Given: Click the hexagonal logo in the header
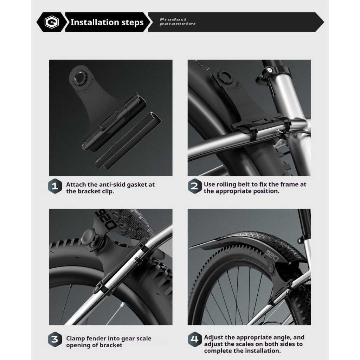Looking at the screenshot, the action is pos(52,22).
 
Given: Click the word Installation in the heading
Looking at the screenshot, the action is pos(94,22).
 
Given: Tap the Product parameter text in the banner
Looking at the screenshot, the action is pos(178,21).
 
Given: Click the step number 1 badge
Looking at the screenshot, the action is pos(55,186).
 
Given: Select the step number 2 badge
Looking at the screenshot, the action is pos(194,186).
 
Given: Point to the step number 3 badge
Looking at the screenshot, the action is pos(55,339).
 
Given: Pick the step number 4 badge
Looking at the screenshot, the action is pos(194,339).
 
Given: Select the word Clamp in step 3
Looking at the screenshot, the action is pos(75,339).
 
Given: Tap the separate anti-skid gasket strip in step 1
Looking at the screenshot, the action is pos(128,141).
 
